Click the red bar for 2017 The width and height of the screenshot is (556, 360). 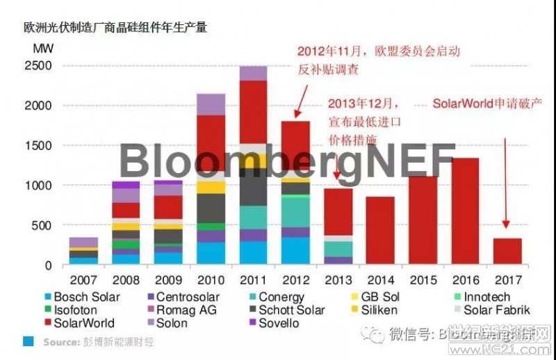click(508, 251)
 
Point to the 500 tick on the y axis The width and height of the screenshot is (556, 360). click(42, 226)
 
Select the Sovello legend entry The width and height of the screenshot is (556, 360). click(278, 323)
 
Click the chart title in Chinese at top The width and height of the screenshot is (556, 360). click(115, 28)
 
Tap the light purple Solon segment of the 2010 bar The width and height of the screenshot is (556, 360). click(211, 104)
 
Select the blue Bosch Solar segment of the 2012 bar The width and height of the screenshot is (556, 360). click(295, 251)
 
